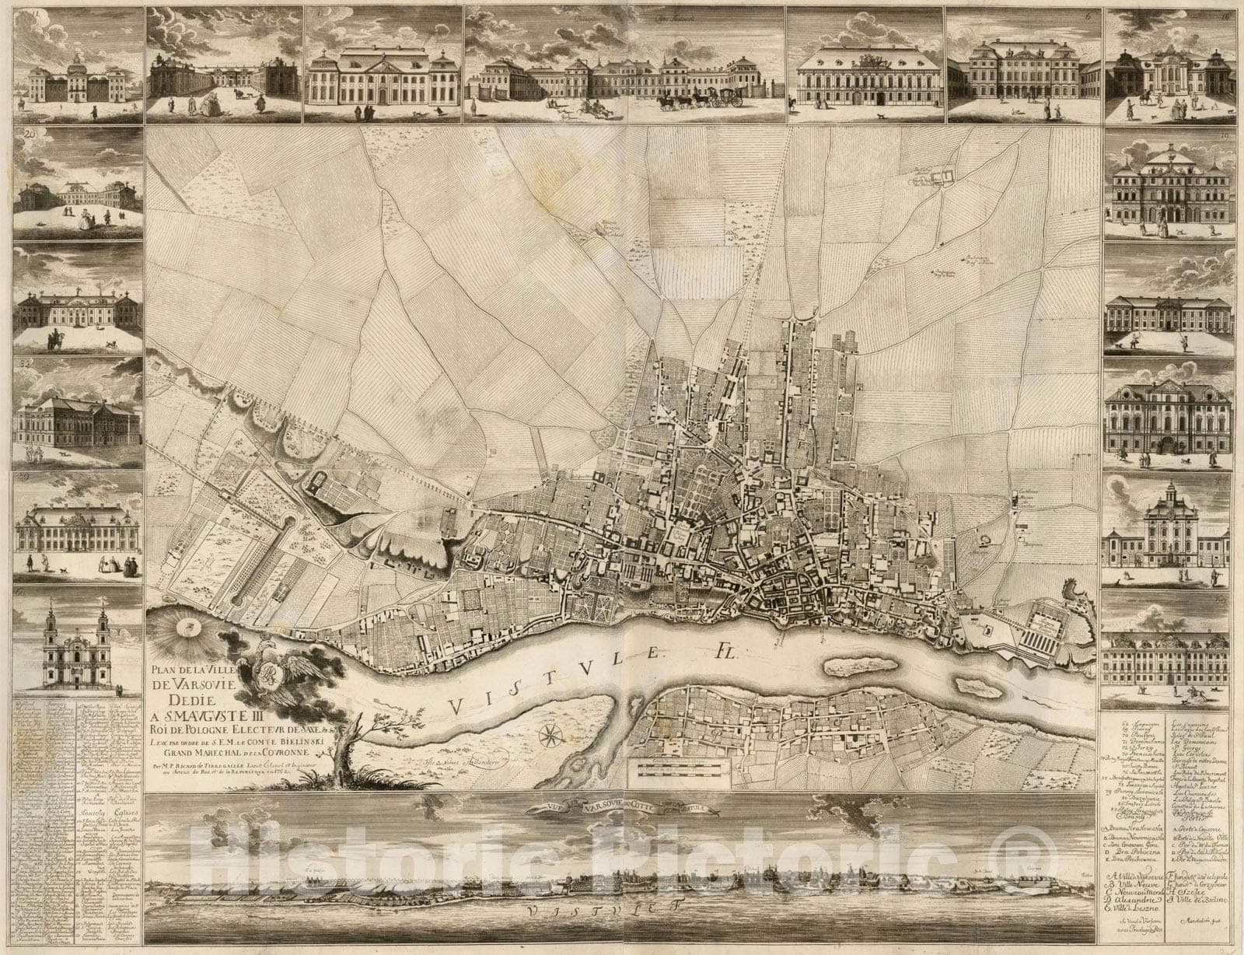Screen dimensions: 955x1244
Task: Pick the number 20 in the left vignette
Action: [x=32, y=135]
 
